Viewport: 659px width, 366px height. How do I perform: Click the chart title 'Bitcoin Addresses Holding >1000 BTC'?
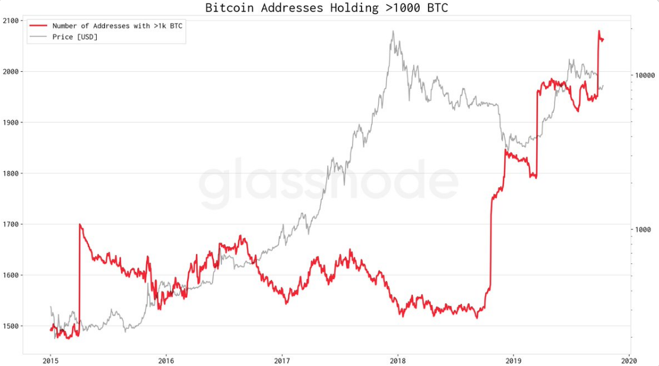[327, 8]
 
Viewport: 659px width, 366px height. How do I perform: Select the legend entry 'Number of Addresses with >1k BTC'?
[117, 26]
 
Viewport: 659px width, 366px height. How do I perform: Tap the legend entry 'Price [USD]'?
[75, 37]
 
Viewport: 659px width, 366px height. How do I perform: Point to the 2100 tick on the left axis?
[11, 21]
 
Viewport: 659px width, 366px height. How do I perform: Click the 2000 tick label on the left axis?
[11, 72]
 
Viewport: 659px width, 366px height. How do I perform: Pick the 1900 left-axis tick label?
[11, 122]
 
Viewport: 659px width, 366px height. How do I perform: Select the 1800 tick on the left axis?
[11, 173]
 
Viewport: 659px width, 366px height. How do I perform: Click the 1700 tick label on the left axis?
[11, 225]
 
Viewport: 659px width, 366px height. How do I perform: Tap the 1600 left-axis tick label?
[11, 275]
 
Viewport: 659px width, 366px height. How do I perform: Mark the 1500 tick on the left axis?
[11, 326]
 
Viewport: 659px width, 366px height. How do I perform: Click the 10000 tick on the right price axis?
[645, 75]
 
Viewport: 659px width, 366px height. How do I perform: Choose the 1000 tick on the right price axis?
[643, 230]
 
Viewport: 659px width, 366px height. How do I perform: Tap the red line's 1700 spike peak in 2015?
[80, 225]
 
